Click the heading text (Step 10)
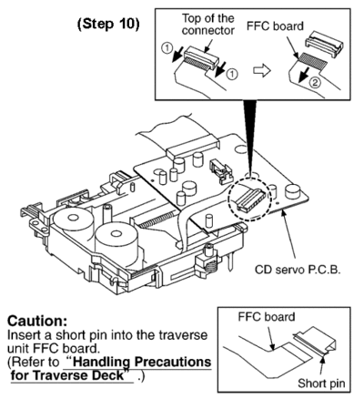point(108,25)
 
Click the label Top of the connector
point(207,25)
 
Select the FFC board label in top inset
point(275,26)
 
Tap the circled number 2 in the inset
point(315,83)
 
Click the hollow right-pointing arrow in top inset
point(261,71)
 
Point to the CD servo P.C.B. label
point(298,270)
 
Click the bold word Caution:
point(37,321)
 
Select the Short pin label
point(321,384)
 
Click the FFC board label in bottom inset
point(267,317)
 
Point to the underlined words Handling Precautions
point(139,362)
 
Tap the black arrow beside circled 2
point(304,75)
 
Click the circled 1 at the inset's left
point(167,48)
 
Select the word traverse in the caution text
point(182,335)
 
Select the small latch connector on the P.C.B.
point(220,171)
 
